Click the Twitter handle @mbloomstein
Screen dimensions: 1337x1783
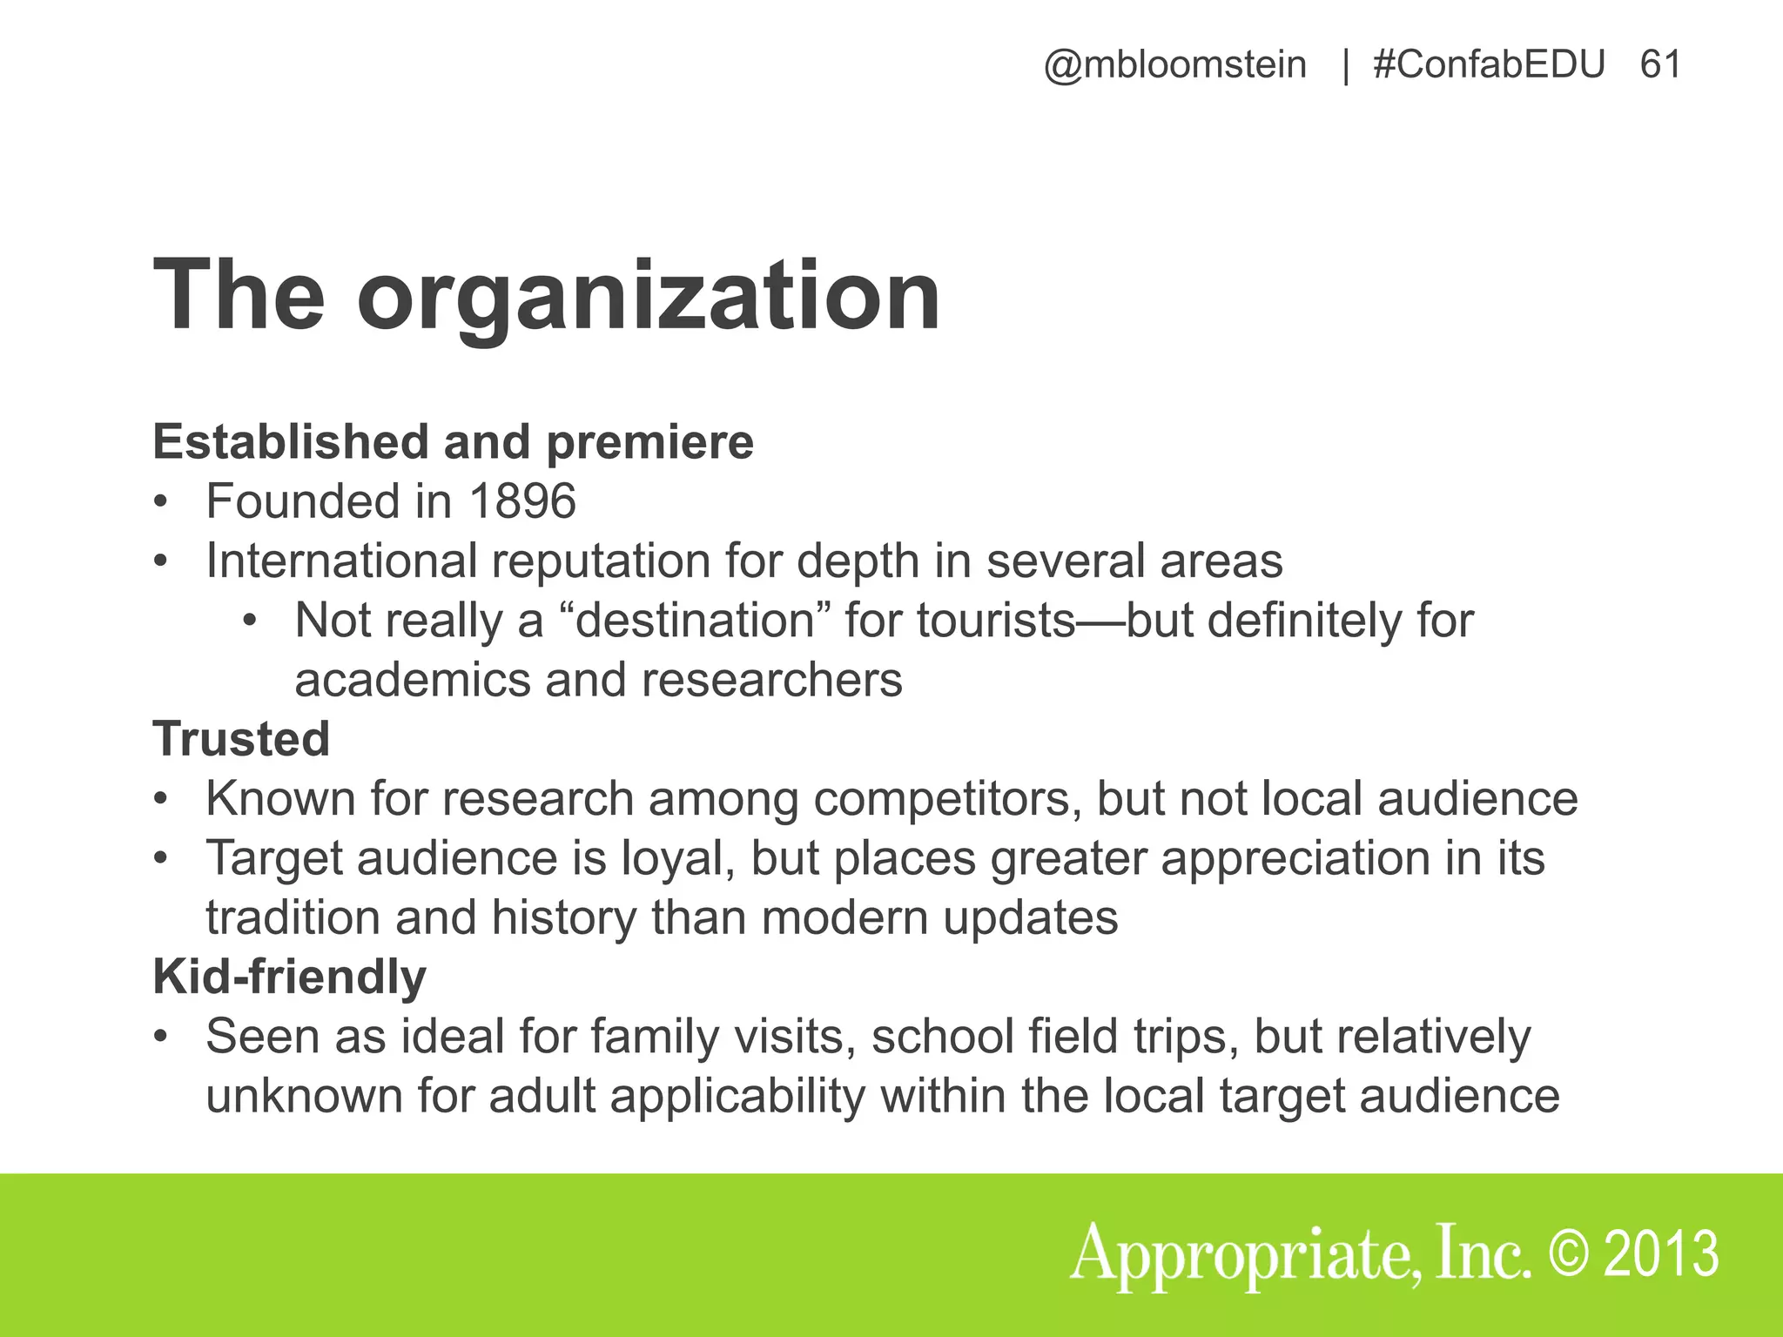(x=1174, y=65)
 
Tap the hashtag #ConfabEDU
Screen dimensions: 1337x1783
(x=1489, y=65)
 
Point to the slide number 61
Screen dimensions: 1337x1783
(x=1660, y=65)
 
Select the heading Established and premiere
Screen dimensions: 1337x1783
(x=453, y=442)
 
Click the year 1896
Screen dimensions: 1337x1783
(x=522, y=501)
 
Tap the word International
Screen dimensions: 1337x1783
(x=341, y=561)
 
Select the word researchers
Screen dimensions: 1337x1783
(x=771, y=680)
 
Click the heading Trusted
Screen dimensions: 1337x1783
(x=241, y=739)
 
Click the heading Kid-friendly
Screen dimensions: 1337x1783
(x=289, y=977)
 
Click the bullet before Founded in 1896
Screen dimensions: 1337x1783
(x=159, y=502)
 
